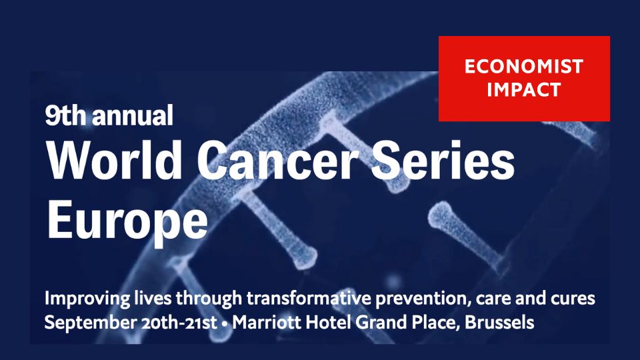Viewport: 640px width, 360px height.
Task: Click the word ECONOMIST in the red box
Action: (x=524, y=67)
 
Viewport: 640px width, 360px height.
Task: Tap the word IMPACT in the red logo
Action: (x=524, y=90)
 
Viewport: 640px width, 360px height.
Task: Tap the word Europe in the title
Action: (x=127, y=221)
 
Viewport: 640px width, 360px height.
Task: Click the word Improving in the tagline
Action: (x=87, y=299)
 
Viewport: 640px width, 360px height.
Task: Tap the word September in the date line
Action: (x=91, y=323)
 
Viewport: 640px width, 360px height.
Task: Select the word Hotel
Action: (x=329, y=323)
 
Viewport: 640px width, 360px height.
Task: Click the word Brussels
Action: (x=499, y=323)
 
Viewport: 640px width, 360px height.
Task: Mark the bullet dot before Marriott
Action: (x=225, y=323)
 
